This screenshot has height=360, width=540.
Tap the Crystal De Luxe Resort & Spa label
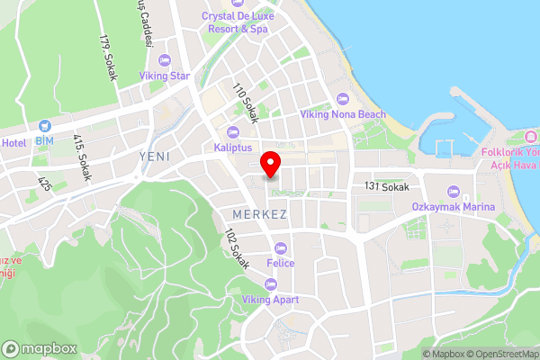237,22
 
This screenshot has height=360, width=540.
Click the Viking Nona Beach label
343,114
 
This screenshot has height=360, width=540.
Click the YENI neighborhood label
155,157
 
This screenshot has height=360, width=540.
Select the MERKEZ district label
259,215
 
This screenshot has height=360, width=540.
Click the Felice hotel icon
281,247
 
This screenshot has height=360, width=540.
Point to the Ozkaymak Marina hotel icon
454,192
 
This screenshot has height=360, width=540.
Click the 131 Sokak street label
387,187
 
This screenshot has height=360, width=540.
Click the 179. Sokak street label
110,58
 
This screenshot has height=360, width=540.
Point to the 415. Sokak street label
82,157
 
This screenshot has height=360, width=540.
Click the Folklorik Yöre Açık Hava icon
530,137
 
